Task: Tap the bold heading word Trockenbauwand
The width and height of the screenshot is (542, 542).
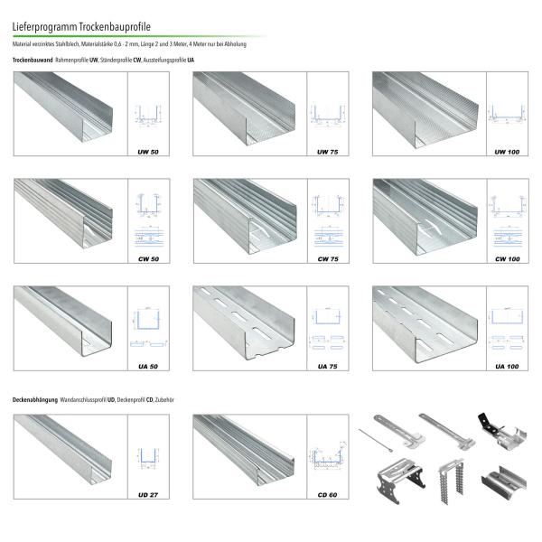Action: coord(32,59)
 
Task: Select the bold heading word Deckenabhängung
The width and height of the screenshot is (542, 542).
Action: coord(35,398)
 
